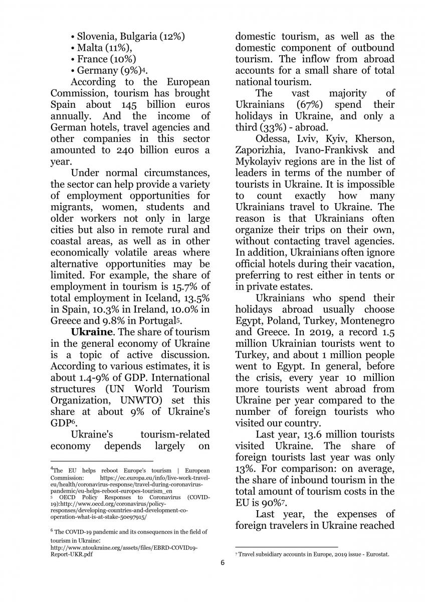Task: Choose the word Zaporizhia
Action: pyautogui.click(x=260, y=150)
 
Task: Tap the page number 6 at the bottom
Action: pyautogui.click(x=223, y=562)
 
